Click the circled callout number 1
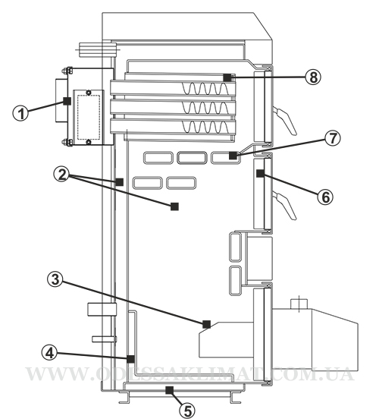[x=20, y=113]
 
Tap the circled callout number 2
[x=62, y=175]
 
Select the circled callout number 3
[x=55, y=279]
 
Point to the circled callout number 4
[x=49, y=353]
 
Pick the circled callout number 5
[x=187, y=410]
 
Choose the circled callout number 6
[x=325, y=197]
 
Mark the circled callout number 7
[x=333, y=138]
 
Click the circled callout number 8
[x=313, y=77]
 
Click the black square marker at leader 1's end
[x=67, y=101]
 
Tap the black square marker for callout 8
[x=227, y=77]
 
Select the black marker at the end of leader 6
[x=260, y=173]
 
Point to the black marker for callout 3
[x=206, y=324]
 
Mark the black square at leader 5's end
[x=169, y=390]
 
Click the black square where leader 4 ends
[x=130, y=359]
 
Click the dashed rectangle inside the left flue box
[x=89, y=117]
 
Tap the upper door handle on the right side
[x=285, y=119]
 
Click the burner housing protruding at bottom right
[x=315, y=340]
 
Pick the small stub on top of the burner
[x=299, y=304]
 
